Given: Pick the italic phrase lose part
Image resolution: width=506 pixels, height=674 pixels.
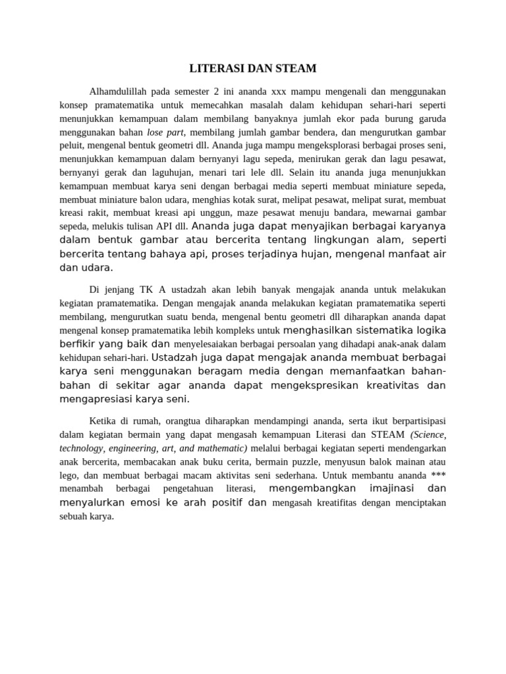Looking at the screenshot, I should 165,132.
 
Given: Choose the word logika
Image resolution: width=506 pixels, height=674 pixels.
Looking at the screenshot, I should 428,330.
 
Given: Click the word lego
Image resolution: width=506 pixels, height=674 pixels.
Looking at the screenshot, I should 69,475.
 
